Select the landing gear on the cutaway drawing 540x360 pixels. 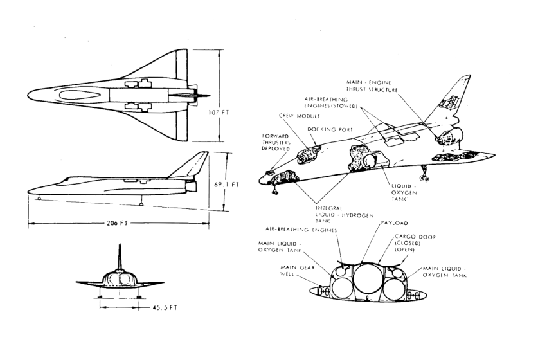[x=422, y=172]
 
